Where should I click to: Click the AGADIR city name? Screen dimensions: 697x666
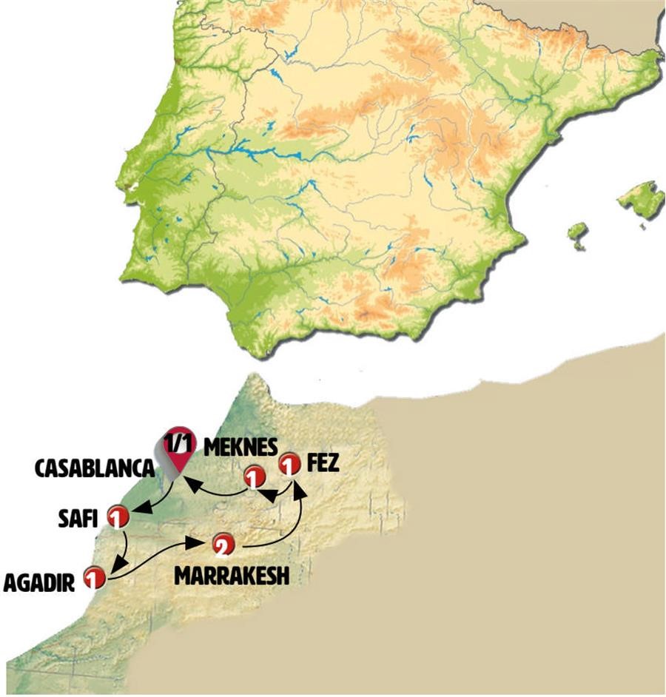click(38, 583)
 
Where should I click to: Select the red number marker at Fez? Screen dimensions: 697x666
click(289, 465)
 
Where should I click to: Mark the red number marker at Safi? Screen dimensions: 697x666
click(118, 516)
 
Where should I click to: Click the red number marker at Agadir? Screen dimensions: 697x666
click(94, 577)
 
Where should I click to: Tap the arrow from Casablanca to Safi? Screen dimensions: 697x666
click(157, 500)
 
